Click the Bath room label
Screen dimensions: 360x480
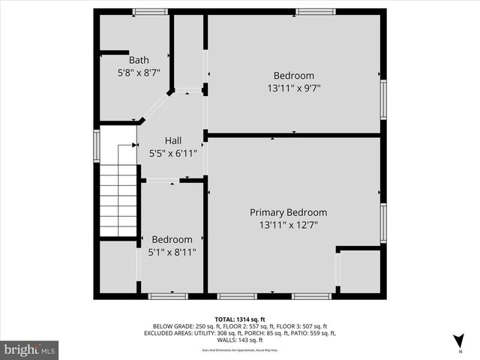click(x=139, y=60)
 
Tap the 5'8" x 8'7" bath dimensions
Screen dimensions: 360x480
click(x=139, y=73)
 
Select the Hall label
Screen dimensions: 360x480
click(x=173, y=140)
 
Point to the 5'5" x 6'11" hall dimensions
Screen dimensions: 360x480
click(x=173, y=153)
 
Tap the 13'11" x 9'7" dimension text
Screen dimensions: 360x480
click(x=293, y=88)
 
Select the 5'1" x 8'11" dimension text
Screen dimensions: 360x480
click(x=173, y=253)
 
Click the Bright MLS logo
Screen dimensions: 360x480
click(x=29, y=349)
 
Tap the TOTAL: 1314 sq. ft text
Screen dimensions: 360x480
click(x=240, y=319)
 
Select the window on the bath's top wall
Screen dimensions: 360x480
click(x=150, y=12)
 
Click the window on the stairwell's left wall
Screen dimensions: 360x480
click(x=97, y=145)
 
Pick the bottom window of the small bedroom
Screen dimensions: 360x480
click(x=168, y=296)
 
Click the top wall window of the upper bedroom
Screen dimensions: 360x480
click(x=315, y=12)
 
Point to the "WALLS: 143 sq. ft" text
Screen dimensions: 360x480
click(x=240, y=340)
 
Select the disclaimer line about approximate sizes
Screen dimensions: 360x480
click(x=240, y=349)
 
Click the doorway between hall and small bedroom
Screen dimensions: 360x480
click(x=162, y=181)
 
